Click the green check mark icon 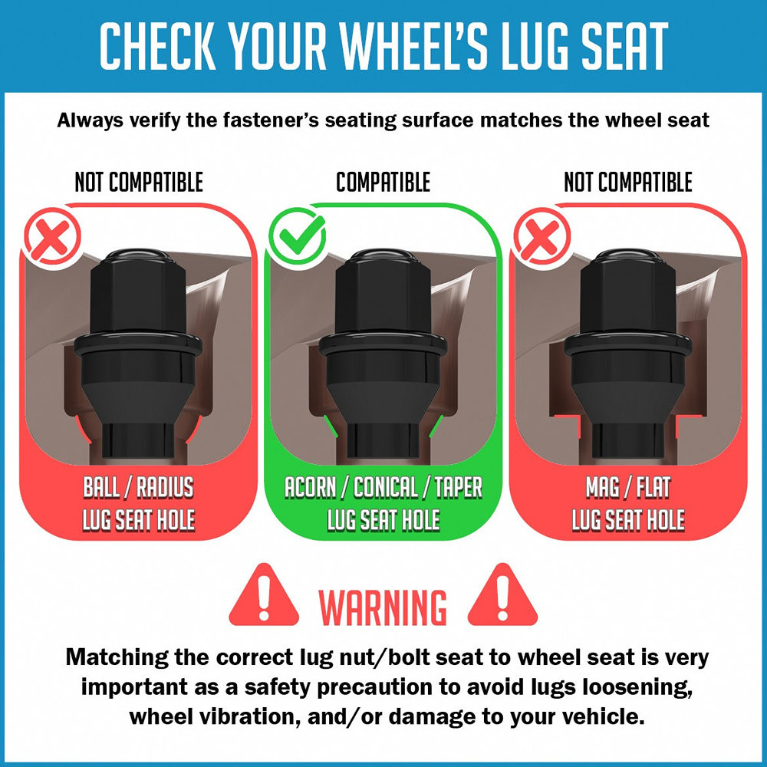pyautogui.click(x=297, y=235)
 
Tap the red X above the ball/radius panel pyautogui.click(x=52, y=235)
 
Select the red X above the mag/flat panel pyautogui.click(x=542, y=235)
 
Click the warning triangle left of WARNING pyautogui.click(x=264, y=595)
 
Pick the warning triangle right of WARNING pyautogui.click(x=502, y=595)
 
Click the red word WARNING pyautogui.click(x=383, y=607)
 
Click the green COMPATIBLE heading pyautogui.click(x=383, y=182)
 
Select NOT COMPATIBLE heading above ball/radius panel pyautogui.click(x=139, y=182)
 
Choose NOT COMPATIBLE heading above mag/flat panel pyautogui.click(x=628, y=182)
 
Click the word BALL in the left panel pyautogui.click(x=101, y=487)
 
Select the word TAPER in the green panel pyautogui.click(x=459, y=487)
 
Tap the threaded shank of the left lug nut pyautogui.click(x=137, y=439)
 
